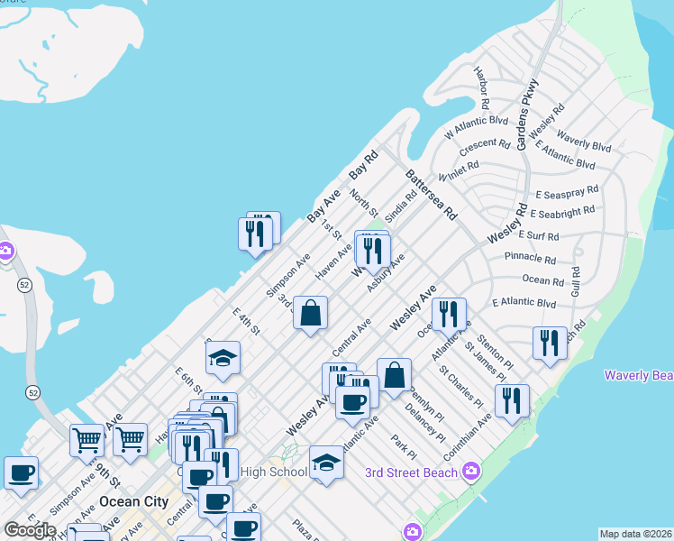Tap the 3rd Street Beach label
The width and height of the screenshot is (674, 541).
pyautogui.click(x=410, y=472)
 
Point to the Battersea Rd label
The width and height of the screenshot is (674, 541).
pyautogui.click(x=431, y=194)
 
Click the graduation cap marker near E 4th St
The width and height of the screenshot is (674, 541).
pyautogui.click(x=223, y=359)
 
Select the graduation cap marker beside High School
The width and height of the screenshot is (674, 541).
pyautogui.click(x=327, y=463)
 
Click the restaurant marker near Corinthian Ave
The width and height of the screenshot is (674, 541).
pyautogui.click(x=512, y=401)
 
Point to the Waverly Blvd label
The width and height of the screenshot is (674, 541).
pyautogui.click(x=584, y=142)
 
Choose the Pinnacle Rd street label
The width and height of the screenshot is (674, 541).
pyautogui.click(x=534, y=258)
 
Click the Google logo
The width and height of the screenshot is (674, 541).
pyautogui.click(x=30, y=530)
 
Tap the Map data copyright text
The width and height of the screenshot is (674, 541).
pyautogui.click(x=636, y=534)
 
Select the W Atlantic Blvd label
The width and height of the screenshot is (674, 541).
pyautogui.click(x=476, y=127)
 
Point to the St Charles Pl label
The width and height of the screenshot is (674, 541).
pyautogui.click(x=461, y=386)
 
